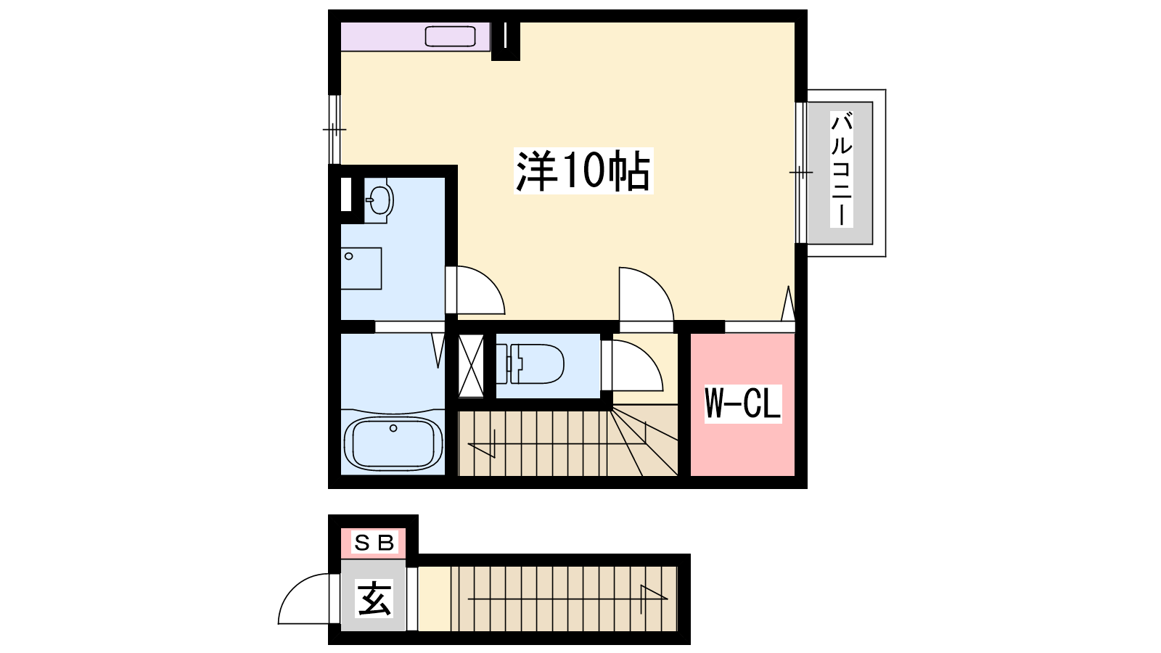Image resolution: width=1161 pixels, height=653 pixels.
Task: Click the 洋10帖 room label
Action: pos(583,171)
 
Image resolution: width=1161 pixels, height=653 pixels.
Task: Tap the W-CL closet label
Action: pos(743,403)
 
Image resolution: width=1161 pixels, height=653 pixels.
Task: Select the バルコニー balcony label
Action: pos(841,169)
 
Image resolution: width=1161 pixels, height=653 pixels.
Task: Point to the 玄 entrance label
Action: pos(374,598)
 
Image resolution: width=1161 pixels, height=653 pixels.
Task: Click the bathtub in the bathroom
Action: pos(393,443)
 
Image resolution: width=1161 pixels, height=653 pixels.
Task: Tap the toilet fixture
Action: pos(530,364)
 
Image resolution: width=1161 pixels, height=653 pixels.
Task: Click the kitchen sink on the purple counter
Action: pos(451,37)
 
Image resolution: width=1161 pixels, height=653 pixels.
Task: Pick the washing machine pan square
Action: pos(361,268)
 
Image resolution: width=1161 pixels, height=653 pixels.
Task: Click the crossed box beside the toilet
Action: pos(471,366)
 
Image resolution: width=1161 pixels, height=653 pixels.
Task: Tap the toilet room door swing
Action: pos(638,365)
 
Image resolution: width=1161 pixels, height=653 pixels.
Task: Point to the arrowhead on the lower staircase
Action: pos(654,599)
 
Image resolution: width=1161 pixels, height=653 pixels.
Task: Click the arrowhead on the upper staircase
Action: pos(482,444)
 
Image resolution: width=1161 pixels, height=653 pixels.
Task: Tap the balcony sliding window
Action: pos(801,173)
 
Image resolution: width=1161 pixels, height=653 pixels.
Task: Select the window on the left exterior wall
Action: pos(335,129)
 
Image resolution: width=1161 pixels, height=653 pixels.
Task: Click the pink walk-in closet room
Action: pos(743,404)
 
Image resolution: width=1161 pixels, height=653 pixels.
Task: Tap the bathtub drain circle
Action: pos(393,428)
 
